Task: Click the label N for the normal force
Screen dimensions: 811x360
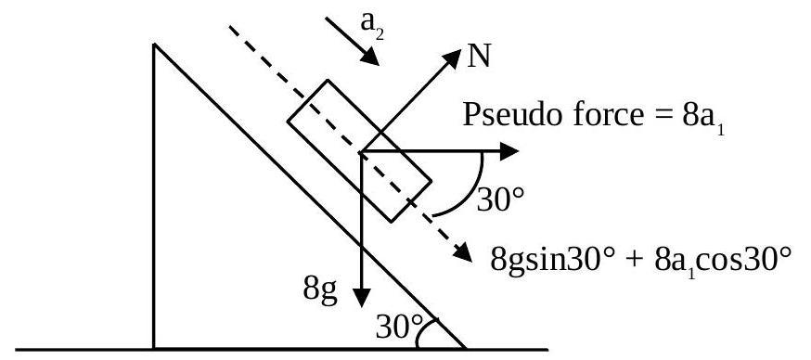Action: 479,57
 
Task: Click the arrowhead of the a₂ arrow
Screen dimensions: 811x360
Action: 370,57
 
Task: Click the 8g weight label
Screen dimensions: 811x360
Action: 320,290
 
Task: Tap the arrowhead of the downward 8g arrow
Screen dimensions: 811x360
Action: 361,297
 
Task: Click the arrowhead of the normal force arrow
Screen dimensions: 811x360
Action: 451,58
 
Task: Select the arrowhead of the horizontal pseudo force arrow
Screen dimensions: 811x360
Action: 508,151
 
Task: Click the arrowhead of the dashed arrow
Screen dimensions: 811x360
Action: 462,252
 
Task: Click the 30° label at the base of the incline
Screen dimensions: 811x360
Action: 400,327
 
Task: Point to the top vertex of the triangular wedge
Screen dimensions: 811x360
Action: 154,45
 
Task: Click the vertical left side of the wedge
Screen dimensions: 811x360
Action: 154,197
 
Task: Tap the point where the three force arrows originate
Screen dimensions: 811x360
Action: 361,151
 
